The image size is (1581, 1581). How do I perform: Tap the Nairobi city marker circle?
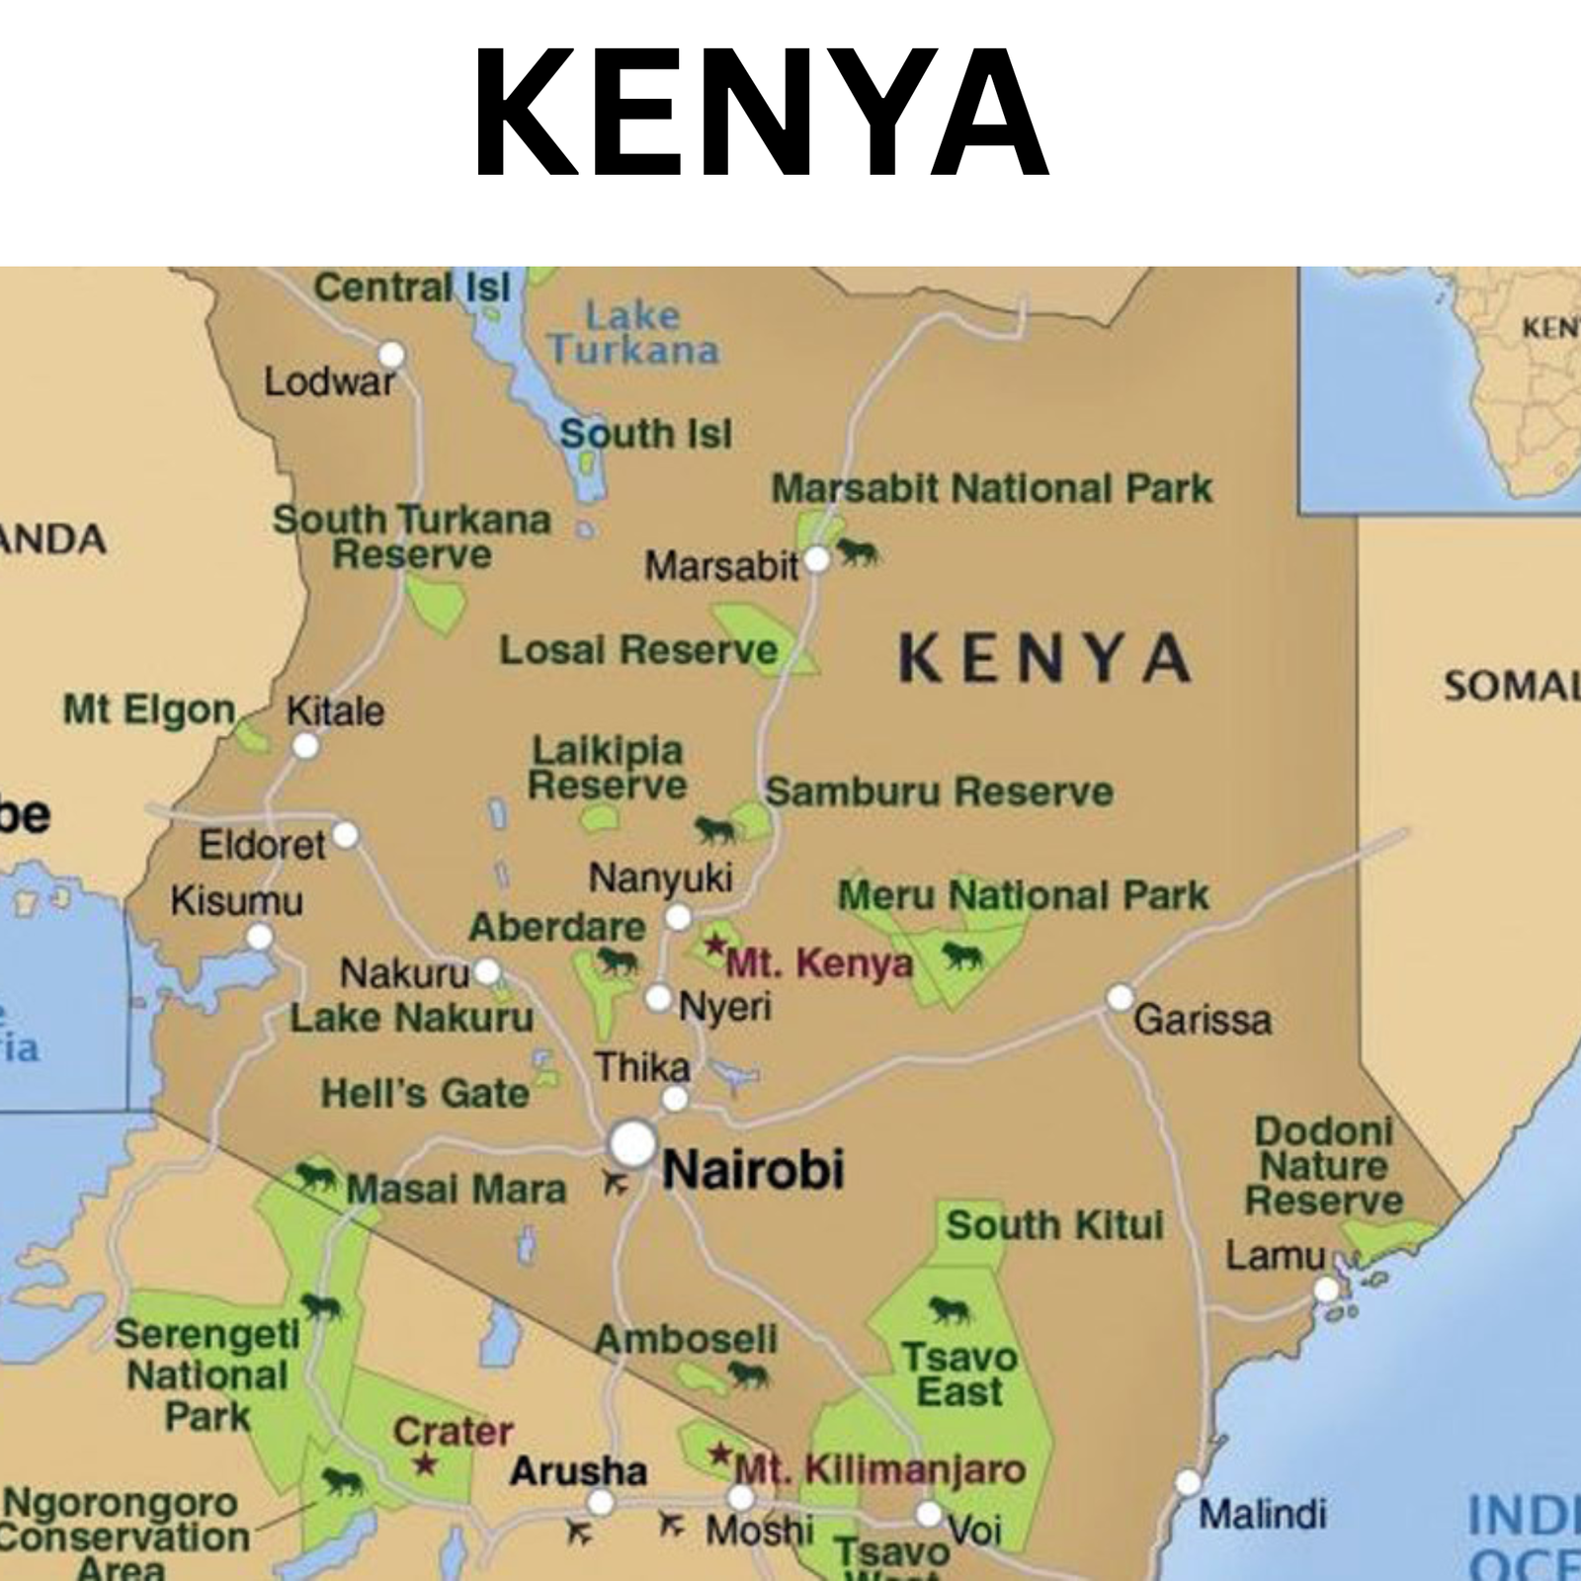(633, 1144)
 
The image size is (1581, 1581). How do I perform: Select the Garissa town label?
(1202, 1020)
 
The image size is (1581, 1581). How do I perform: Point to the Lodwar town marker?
(392, 354)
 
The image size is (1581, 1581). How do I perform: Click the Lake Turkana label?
(633, 333)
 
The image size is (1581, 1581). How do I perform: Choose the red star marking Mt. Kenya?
(715, 946)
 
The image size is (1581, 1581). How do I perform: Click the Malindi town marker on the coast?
(1188, 1482)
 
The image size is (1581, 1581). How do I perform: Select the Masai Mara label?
(456, 1189)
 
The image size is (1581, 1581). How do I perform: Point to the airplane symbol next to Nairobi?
(615, 1183)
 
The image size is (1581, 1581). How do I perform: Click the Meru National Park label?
(1023, 896)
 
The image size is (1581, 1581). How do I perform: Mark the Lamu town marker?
(1326, 1290)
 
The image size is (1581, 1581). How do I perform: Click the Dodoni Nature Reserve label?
(1323, 1166)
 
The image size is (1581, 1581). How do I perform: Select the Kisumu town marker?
(260, 936)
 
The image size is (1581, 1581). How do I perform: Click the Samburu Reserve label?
(939, 792)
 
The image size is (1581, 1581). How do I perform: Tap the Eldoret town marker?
(345, 835)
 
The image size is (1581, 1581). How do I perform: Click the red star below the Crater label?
(425, 1464)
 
